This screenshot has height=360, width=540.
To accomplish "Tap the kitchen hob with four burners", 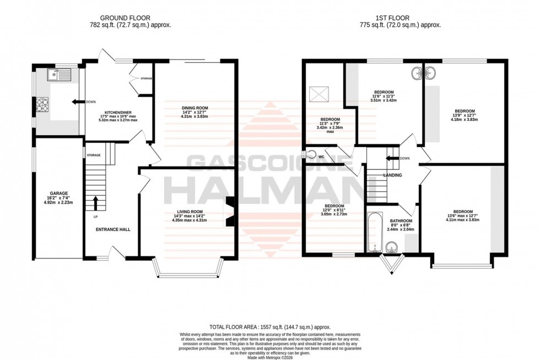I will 42,103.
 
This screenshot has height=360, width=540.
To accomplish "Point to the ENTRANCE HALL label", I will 112,229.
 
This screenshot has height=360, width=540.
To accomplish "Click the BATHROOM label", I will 402,221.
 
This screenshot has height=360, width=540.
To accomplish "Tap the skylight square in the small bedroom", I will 318,94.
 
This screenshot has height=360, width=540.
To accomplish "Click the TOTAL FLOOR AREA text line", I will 270,327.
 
